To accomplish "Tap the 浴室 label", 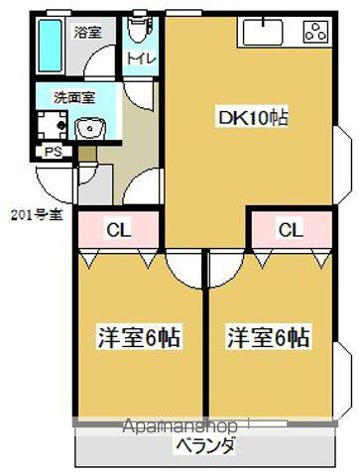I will pyautogui.click(x=87, y=32).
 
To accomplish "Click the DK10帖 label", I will pyautogui.click(x=253, y=118).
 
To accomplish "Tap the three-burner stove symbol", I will pyautogui.click(x=316, y=33).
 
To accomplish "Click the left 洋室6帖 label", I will pyautogui.click(x=138, y=336).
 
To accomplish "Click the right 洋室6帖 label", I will pyautogui.click(x=267, y=336).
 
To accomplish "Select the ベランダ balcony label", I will pyautogui.click(x=205, y=446).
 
